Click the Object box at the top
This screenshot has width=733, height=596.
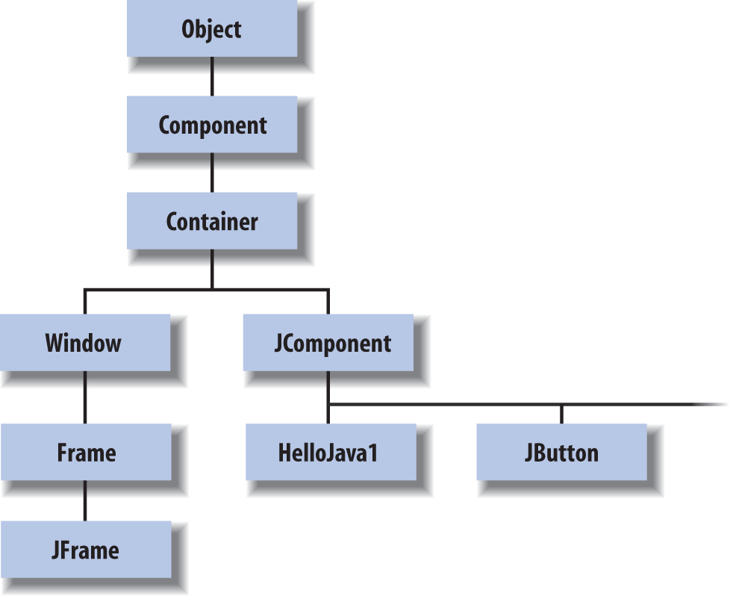click(212, 28)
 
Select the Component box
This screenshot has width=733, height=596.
click(212, 125)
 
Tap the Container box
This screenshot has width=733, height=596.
click(212, 221)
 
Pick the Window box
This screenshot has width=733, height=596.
click(85, 343)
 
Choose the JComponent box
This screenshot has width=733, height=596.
click(328, 343)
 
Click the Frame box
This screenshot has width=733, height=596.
click(86, 452)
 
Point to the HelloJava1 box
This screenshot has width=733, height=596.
click(331, 452)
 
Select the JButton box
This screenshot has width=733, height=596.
click(561, 452)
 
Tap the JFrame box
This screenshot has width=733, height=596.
click(86, 549)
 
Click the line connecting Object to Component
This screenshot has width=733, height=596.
click(212, 77)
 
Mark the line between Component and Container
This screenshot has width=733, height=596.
click(212, 173)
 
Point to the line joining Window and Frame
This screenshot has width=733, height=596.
click(84, 397)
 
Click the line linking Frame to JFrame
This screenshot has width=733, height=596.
click(84, 500)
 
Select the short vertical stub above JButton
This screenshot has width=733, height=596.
click(561, 415)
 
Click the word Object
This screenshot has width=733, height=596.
click(211, 29)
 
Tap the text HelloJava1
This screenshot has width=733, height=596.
click(328, 453)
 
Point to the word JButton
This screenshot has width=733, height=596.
click(561, 453)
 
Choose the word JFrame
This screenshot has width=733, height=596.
click(85, 550)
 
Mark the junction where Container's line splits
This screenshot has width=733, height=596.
click(212, 290)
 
